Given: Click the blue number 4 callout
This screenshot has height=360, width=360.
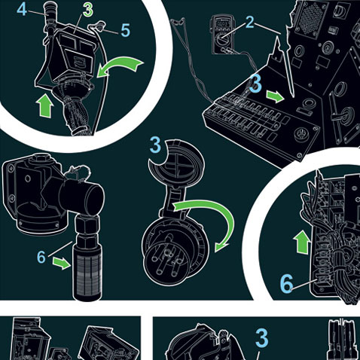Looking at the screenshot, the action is (x=22, y=10).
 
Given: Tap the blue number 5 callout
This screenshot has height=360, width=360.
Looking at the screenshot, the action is (x=125, y=31).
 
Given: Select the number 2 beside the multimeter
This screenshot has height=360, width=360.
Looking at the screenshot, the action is (x=250, y=22).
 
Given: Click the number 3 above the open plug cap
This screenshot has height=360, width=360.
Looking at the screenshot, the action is (x=155, y=145).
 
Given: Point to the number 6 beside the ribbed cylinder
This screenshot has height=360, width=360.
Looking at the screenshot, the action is (x=41, y=257).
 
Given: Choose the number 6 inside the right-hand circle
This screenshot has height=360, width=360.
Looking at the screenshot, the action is (x=286, y=284).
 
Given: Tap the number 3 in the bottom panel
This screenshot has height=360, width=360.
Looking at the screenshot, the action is (x=262, y=337).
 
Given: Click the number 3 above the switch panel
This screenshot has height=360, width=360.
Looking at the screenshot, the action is (x=255, y=84).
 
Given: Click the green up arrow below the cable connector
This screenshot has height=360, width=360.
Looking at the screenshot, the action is (x=45, y=105).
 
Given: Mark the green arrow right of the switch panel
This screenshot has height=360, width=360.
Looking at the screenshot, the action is (x=275, y=97).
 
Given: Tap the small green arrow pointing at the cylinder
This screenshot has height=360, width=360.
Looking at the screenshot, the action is (x=62, y=264).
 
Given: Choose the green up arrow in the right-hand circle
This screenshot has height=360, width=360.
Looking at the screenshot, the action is (x=302, y=242).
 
